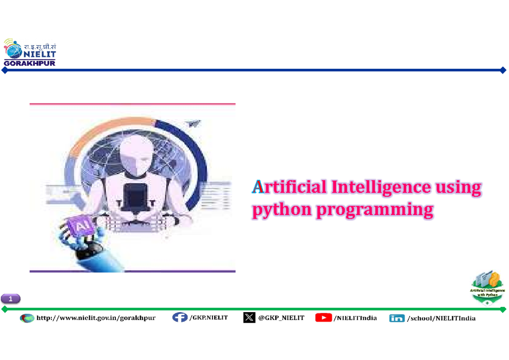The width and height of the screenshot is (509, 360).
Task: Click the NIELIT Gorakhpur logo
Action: coord(30,53)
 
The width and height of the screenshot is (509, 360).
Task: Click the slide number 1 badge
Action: coord(11,299)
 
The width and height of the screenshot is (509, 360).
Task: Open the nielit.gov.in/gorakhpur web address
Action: coord(96,318)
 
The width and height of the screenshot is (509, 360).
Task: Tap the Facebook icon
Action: coord(180,317)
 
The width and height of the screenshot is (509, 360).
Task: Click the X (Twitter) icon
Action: coord(249,317)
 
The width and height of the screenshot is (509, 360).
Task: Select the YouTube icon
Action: coord(323,317)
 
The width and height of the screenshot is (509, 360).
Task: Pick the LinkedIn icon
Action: coord(397,318)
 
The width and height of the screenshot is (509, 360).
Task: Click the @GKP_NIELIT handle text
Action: coord(281,318)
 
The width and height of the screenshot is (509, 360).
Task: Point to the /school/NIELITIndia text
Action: coord(441,318)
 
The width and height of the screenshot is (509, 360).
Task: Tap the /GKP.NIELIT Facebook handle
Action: coord(209,317)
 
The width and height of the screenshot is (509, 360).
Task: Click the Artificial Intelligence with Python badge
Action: coord(488,287)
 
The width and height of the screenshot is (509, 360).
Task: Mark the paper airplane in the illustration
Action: coord(194,123)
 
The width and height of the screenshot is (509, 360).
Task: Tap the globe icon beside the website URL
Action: coord(27,318)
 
